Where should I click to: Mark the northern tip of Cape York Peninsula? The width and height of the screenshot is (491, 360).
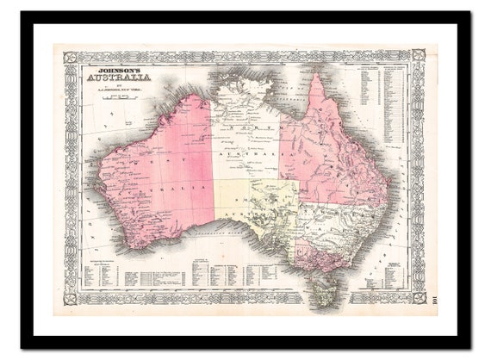click(x=317, y=78)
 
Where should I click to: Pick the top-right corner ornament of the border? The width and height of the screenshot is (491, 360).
click(x=420, y=56)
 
